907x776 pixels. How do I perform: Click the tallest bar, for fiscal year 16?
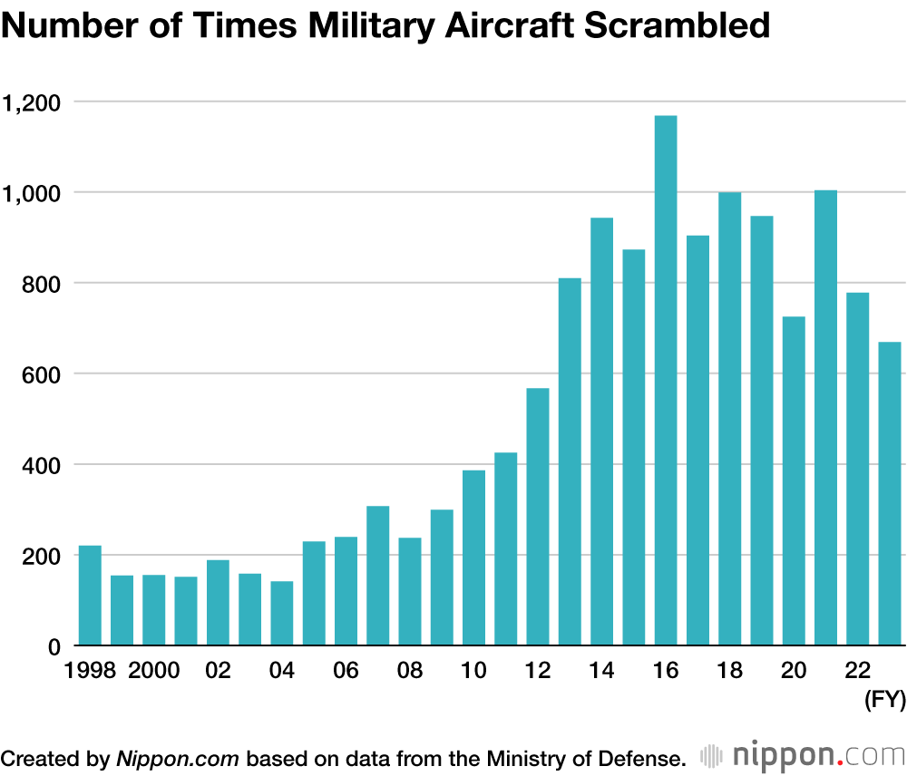[666, 381]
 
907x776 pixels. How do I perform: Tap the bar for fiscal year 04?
[282, 614]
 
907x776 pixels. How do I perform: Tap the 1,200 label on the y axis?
[33, 102]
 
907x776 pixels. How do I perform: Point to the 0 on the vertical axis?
[54, 646]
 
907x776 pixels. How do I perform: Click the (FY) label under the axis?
[883, 701]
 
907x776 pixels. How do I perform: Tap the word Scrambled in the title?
[677, 26]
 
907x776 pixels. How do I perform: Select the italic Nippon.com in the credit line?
[178, 757]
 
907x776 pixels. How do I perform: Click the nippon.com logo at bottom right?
[802, 755]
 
